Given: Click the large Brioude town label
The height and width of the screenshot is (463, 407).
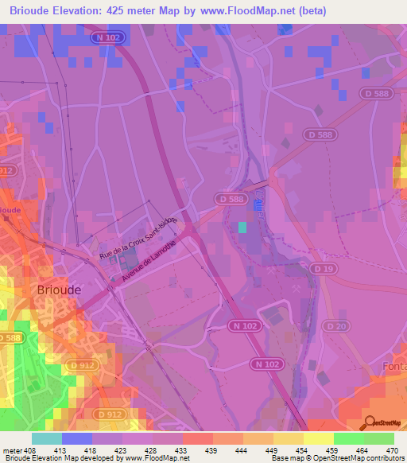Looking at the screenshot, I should coord(59,290).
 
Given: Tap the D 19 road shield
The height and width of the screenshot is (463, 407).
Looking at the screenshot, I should coord(324,270).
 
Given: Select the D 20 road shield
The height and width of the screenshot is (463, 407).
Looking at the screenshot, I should coord(335,327).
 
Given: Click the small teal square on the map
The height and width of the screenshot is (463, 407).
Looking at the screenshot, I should coord(242,227).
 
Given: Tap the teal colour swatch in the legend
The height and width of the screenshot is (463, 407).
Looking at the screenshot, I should coord(46,438).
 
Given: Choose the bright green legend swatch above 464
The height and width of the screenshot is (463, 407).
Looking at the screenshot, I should coord(348,438).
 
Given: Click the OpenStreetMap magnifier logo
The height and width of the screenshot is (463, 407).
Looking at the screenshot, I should coord(370,423).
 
